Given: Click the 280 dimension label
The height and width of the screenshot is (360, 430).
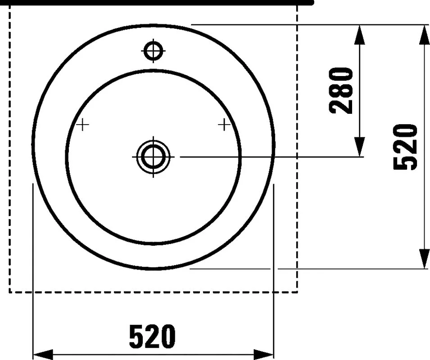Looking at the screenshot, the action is pyautogui.click(x=341, y=91).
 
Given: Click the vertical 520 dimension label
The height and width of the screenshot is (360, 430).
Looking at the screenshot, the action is pyautogui.click(x=405, y=147).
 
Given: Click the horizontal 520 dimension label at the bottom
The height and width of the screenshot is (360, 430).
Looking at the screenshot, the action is pyautogui.click(x=152, y=337).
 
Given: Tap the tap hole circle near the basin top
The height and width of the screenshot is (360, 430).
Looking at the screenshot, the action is pyautogui.click(x=153, y=51).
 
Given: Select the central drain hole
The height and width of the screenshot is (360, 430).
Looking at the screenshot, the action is pyautogui.click(x=153, y=157).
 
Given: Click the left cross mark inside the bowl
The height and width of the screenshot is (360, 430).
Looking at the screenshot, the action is pyautogui.click(x=82, y=125).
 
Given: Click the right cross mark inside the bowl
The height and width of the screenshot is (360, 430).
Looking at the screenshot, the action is pyautogui.click(x=224, y=125).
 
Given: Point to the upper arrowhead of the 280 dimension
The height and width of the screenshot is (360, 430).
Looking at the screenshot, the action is pyautogui.click(x=359, y=35).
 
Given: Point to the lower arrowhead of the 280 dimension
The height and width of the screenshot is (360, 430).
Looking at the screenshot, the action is pyautogui.click(x=359, y=147).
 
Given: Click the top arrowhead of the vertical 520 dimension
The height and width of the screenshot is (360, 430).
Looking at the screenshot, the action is pyautogui.click(x=424, y=35).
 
